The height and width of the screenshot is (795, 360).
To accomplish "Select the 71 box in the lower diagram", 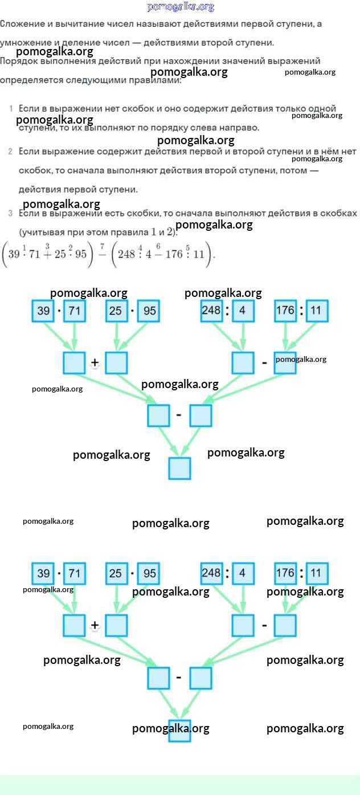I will point(74,573).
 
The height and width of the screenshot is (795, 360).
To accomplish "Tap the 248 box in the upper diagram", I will point(211,311).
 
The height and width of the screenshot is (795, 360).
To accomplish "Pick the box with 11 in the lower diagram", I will point(317,573).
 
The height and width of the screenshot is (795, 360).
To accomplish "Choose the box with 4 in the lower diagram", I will point(242,573).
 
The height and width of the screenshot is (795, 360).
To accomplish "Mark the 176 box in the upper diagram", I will point(285,311).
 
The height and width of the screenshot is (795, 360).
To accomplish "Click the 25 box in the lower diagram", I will point(116,573).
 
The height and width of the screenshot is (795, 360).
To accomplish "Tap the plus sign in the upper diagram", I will point(95,363).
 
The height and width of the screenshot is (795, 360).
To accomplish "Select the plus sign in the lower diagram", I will point(95,625).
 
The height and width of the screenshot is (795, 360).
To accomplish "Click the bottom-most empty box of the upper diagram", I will point(179,468).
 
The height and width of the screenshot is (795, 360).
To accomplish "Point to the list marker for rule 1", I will point(11,108).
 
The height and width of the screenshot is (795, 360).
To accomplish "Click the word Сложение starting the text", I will point(22,24).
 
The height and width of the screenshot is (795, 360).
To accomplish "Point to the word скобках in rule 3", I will point(339,213).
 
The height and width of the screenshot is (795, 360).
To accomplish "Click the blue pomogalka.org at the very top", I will point(181,7).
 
